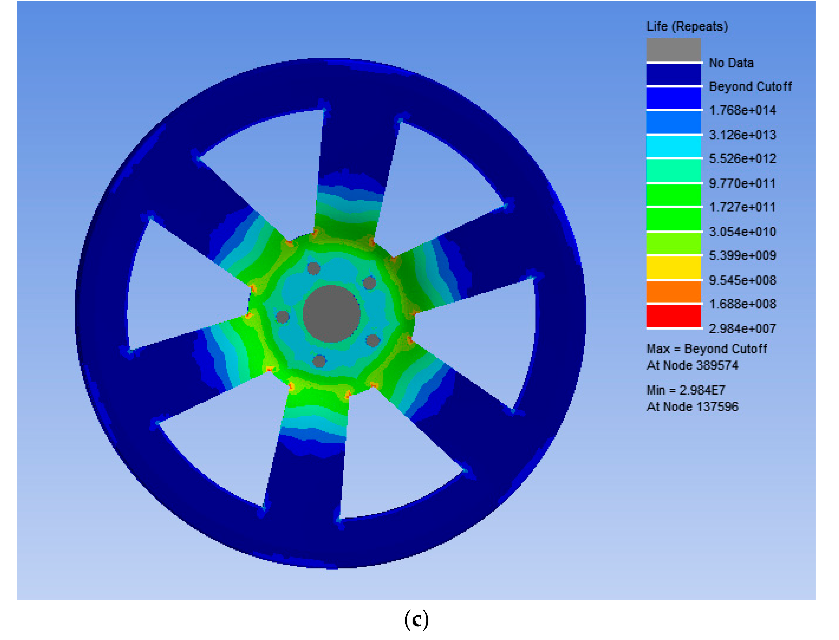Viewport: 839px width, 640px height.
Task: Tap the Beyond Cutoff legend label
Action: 750,86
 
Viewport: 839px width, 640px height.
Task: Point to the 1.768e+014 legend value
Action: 742,110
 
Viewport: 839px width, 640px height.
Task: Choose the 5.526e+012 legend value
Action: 742,159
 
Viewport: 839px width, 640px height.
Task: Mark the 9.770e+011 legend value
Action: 742,183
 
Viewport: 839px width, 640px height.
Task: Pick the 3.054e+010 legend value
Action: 742,232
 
